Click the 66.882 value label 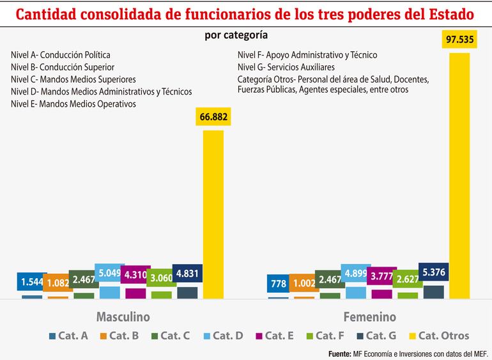click(213, 118)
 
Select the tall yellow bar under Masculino click(213, 214)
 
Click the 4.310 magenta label click(135, 276)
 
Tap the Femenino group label click(370, 317)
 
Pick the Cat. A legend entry click(68, 335)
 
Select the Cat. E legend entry click(276, 335)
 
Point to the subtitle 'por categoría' click(236, 35)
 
